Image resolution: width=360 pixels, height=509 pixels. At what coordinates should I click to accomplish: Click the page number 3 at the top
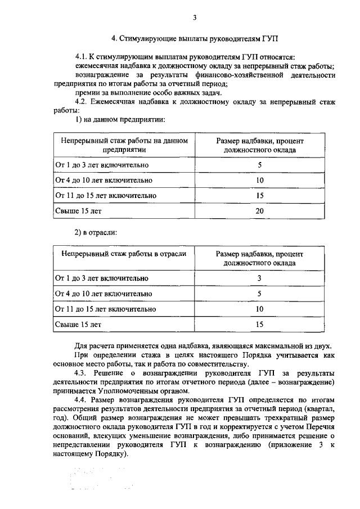click(x=194, y=17)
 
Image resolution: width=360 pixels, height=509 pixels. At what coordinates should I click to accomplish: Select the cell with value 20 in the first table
click(x=259, y=211)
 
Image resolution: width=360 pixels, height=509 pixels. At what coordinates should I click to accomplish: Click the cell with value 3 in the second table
click(x=259, y=278)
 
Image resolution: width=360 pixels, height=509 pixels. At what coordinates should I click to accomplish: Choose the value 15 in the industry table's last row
click(x=259, y=325)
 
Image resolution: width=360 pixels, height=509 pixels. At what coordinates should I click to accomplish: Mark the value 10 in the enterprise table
click(x=259, y=181)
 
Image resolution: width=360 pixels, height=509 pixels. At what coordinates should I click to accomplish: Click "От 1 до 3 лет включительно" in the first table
click(x=101, y=165)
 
